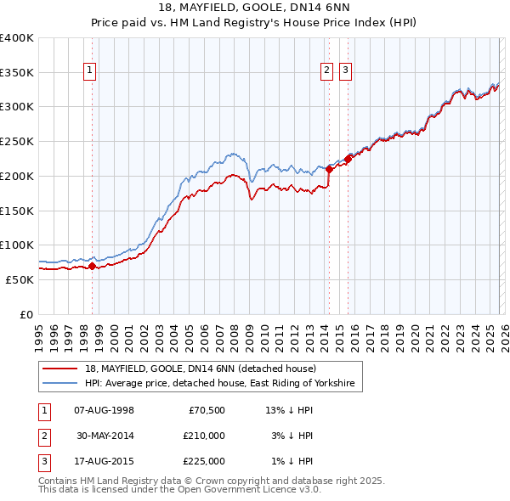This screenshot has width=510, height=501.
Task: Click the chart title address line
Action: click(x=254, y=8)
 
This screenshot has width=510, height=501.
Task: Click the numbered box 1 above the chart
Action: click(x=90, y=70)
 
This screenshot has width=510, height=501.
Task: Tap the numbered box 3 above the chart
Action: click(x=346, y=70)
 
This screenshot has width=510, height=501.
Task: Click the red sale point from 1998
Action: click(x=92, y=266)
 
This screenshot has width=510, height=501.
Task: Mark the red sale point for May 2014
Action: click(x=329, y=169)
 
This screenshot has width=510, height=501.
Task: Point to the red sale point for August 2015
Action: click(x=348, y=159)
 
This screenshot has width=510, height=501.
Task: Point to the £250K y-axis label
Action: click(x=17, y=141)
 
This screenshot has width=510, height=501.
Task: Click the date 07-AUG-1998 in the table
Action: click(x=104, y=410)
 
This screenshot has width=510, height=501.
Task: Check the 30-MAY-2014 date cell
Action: click(x=104, y=436)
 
